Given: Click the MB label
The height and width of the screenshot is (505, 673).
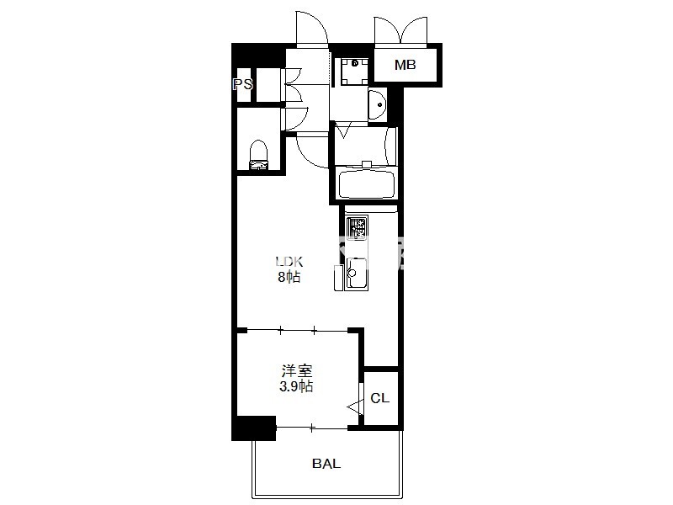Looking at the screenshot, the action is coord(405,65).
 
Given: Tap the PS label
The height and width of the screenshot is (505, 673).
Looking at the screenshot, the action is coord(243,84).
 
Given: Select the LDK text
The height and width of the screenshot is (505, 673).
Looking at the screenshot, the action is coord(289,261).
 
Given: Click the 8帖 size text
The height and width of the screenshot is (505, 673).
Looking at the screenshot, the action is coord(289,277).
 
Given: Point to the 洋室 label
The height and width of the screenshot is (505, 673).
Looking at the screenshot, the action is coord(297,370).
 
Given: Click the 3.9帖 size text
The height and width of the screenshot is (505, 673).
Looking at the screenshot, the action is coord(296,386).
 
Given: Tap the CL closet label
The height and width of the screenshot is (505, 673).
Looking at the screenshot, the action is coord(380,398).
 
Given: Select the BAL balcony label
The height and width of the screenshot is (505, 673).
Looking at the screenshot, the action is coord(326,464).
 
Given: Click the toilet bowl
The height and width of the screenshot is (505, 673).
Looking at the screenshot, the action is coord(258,156).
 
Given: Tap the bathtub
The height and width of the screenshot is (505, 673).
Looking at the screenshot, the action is coord(366,184).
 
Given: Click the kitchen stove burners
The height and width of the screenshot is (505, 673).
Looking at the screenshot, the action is coord(356,227).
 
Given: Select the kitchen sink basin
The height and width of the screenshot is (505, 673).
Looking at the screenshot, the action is coord(356,273).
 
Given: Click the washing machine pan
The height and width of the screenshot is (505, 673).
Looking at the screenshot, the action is coord(354,72).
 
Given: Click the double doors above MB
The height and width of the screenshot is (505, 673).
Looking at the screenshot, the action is coord(401,31).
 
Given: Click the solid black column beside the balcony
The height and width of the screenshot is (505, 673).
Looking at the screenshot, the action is coord(254,428).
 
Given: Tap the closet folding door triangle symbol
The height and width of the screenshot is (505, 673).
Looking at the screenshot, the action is coord(355,407).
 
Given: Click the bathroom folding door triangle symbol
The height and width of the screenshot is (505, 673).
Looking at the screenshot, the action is coord(343,130).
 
